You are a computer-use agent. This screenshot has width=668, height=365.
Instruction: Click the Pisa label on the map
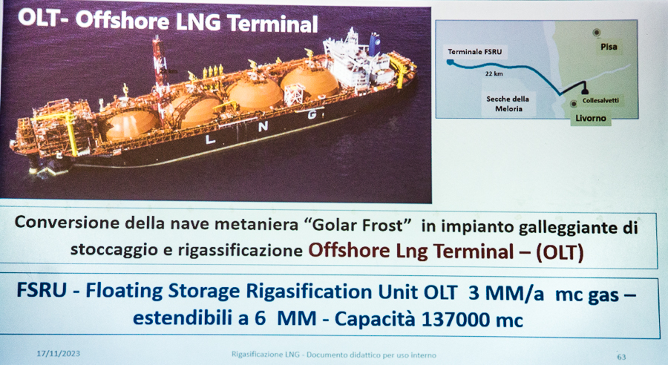coord(609,47)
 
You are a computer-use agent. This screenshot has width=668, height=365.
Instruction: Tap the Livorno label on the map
coord(591,118)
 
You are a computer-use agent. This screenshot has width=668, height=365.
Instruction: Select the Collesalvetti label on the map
coord(600,100)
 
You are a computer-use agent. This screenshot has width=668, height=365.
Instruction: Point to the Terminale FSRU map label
coord(474,52)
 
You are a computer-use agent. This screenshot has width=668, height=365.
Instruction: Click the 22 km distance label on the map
coord(494,73)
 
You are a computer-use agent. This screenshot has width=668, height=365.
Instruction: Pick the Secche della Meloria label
coord(508,104)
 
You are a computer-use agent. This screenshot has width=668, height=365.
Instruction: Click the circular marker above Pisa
coord(597,33)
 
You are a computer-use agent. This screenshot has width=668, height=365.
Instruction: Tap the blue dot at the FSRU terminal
coord(450,62)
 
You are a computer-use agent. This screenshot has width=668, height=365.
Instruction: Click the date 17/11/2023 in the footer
coord(58,353)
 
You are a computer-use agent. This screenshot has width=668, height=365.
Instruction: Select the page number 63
coord(621,357)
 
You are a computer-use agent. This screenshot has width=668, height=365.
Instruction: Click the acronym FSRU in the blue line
coord(42,290)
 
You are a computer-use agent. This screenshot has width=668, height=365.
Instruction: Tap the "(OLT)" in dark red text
coord(560,252)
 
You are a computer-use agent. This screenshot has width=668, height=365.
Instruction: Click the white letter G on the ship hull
coord(312,114)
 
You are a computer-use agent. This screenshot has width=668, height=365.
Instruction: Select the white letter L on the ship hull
coord(209,139)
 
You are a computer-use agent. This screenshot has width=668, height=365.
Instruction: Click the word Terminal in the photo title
coord(272,24)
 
